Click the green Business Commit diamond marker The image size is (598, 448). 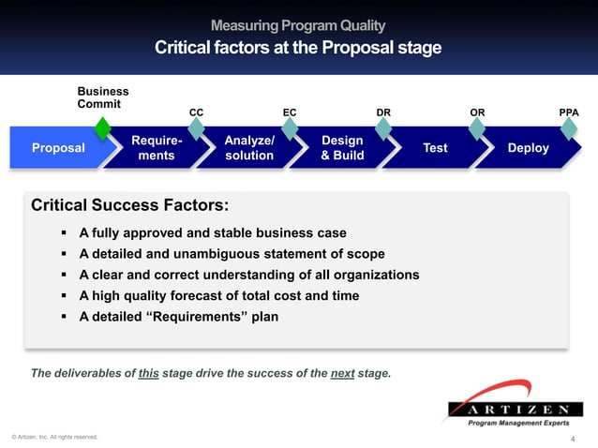coord(103,127)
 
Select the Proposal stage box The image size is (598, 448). coord(58,148)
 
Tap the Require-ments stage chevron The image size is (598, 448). coord(156,148)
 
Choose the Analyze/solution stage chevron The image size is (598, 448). coord(249,148)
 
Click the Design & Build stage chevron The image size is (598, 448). coord(342,148)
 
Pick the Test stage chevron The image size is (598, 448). coord(435,148)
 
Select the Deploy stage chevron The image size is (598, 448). coord(528,148)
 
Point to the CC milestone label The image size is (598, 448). coord(197,112)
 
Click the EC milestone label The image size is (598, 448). coord(290,112)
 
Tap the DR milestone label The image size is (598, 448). coord(383,112)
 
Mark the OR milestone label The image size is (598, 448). coord(477,112)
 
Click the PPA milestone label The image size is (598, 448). coord(568,112)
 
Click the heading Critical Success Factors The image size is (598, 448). coord(129,205)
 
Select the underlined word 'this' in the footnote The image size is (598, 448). coord(148,373)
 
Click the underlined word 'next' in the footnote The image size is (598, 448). coord(342,373)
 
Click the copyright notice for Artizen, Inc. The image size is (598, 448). coord(53,437)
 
